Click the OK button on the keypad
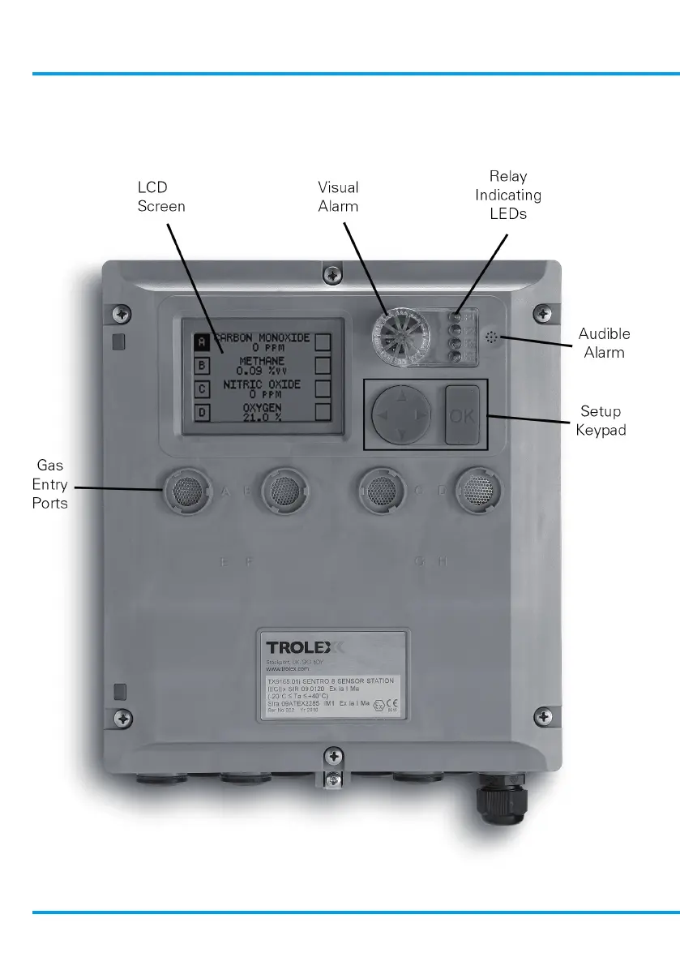click(x=462, y=415)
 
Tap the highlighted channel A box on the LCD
click(x=202, y=342)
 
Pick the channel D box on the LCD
click(x=202, y=411)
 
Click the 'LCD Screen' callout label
click(x=160, y=197)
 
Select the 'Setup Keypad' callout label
click(x=601, y=420)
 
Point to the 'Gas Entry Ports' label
click(x=50, y=485)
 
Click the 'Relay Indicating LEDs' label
click(x=508, y=195)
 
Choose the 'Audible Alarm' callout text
click(x=604, y=343)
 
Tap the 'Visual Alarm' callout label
click(x=338, y=197)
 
